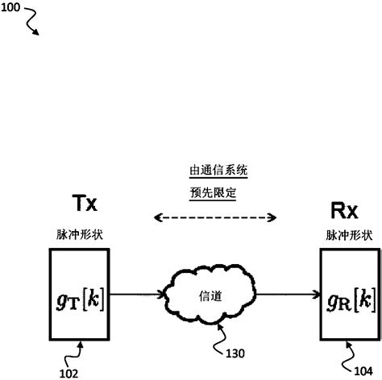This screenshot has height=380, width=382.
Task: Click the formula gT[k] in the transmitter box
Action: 80,293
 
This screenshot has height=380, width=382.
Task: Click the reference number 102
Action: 71,371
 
